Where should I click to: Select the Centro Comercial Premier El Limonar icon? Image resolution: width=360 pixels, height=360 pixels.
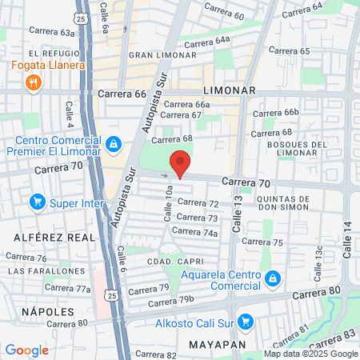[114, 143]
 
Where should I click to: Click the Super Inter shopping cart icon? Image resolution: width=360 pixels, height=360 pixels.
[36, 201]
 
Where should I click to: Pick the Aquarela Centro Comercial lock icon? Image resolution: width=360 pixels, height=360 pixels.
[273, 278]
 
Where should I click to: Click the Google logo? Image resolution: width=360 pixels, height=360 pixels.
[26, 350]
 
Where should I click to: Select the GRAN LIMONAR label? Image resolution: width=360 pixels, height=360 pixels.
[162, 54]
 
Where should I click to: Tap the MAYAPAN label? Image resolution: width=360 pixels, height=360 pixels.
[215, 344]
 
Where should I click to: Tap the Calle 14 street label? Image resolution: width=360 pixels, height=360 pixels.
[347, 239]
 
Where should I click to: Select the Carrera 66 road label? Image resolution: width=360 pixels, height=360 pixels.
[122, 94]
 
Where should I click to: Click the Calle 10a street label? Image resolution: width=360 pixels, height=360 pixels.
[169, 204]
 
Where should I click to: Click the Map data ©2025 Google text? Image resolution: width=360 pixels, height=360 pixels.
[312, 354]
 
